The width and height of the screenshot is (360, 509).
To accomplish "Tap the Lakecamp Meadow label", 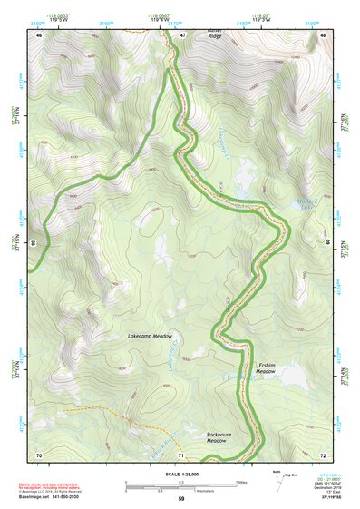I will pyautogui.click(x=150, y=336).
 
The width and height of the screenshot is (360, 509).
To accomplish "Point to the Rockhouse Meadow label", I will pyautogui.click(x=219, y=437).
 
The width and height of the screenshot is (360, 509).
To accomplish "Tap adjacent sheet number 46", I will pyautogui.click(x=39, y=34).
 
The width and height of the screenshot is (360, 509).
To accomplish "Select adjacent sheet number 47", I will pyautogui.click(x=181, y=34).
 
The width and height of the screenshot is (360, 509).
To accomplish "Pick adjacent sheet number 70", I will pyautogui.click(x=39, y=454).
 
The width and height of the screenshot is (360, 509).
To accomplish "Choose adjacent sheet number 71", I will pyautogui.click(x=181, y=454).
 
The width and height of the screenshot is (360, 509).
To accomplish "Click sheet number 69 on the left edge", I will pyautogui.click(x=34, y=244).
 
